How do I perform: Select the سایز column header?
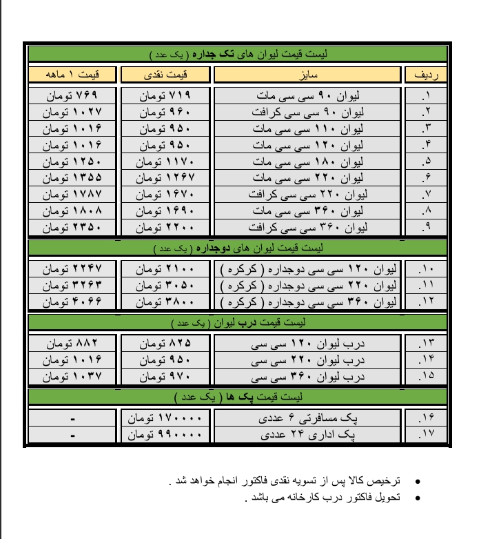(307, 74)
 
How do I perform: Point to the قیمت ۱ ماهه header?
(72, 74)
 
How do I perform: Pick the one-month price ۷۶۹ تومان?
(72, 95)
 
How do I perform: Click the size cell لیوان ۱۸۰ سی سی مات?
(307, 161)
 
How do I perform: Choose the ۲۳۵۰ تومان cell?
(72, 226)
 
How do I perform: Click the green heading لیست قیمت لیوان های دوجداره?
(238, 246)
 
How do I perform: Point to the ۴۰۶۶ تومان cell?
(72, 302)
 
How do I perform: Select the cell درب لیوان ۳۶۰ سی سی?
(307, 376)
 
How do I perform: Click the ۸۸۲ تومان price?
(72, 343)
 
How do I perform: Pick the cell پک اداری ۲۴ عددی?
(307, 435)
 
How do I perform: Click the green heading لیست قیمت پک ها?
(238, 397)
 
